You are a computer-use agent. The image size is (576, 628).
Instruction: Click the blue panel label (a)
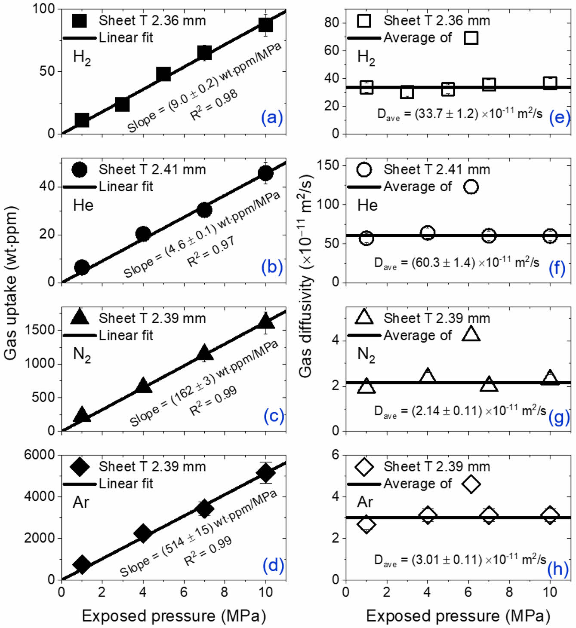[x=272, y=117]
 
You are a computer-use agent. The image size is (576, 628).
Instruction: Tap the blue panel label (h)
[x=558, y=568]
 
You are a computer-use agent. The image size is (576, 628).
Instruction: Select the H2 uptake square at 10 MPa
[x=265, y=25]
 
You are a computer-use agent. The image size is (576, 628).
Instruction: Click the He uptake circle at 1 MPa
[x=82, y=267]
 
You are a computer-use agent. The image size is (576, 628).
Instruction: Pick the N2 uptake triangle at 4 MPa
[x=143, y=385]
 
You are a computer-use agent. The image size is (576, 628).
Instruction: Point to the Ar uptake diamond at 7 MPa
[x=204, y=509]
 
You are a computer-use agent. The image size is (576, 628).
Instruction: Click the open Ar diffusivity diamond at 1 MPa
[x=366, y=524]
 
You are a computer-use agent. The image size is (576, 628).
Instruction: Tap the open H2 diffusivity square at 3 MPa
[x=407, y=92]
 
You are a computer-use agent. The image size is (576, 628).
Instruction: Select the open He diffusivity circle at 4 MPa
[x=427, y=233]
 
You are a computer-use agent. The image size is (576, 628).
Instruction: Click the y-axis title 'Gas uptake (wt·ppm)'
[x=10, y=283]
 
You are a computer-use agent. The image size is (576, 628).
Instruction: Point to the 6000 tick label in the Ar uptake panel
[x=40, y=455]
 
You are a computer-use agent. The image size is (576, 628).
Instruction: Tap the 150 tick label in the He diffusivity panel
[x=328, y=165]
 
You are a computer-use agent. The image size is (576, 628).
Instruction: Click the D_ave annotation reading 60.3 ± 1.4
[x=456, y=263]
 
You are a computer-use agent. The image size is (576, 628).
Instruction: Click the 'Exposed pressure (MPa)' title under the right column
[x=458, y=616]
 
